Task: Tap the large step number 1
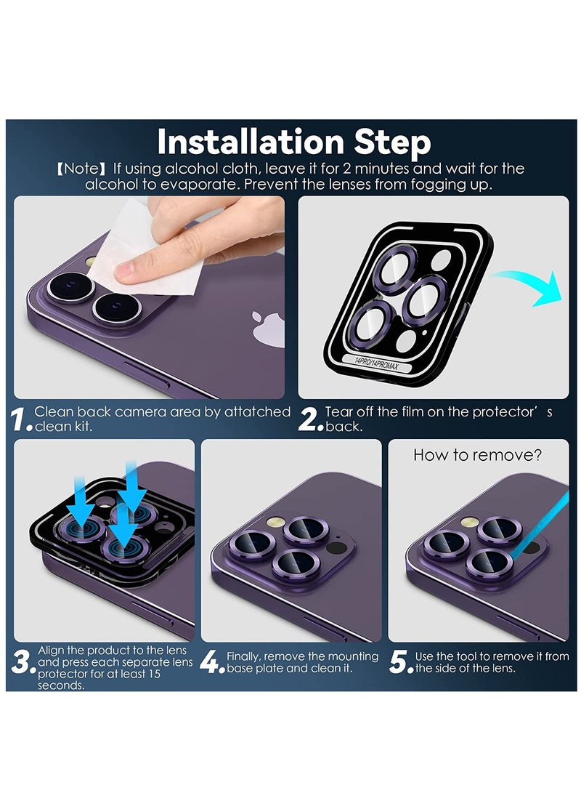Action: point(20,419)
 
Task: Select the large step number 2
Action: point(309,419)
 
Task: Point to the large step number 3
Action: point(22,662)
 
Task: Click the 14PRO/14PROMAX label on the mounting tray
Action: point(377,363)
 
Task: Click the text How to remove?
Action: point(477,455)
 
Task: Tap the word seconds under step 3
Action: point(60,685)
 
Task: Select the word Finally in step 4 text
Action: point(243,656)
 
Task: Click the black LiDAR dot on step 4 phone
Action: point(336,547)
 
